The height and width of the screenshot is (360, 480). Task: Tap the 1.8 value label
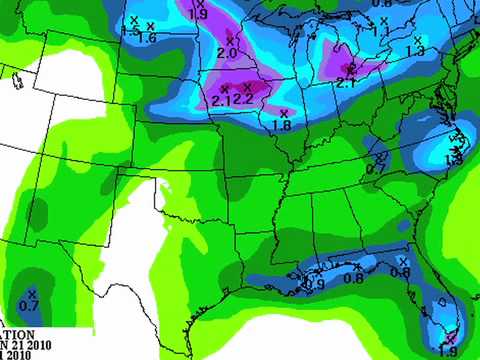tap(282, 126)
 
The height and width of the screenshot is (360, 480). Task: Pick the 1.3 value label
tap(415, 51)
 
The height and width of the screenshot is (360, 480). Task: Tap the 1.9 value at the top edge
tap(198, 15)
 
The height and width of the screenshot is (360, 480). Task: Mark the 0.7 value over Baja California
tap(29, 305)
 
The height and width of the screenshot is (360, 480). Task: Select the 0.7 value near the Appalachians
tap(376, 169)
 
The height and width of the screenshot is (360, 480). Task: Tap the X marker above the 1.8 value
tap(284, 112)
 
